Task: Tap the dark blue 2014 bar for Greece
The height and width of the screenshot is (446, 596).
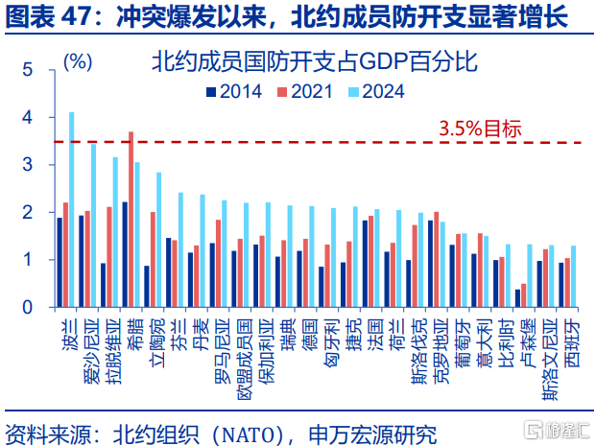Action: tap(125, 254)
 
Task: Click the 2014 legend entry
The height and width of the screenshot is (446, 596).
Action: tap(235, 92)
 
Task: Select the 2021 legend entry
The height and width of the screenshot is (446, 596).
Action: tap(306, 92)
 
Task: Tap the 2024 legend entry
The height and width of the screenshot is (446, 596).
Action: tap(377, 92)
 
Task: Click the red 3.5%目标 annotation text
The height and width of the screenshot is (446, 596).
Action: tap(480, 128)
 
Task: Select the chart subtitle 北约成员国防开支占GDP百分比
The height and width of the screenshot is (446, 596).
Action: tap(314, 64)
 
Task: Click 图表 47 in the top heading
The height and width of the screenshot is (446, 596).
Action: tap(44, 16)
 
